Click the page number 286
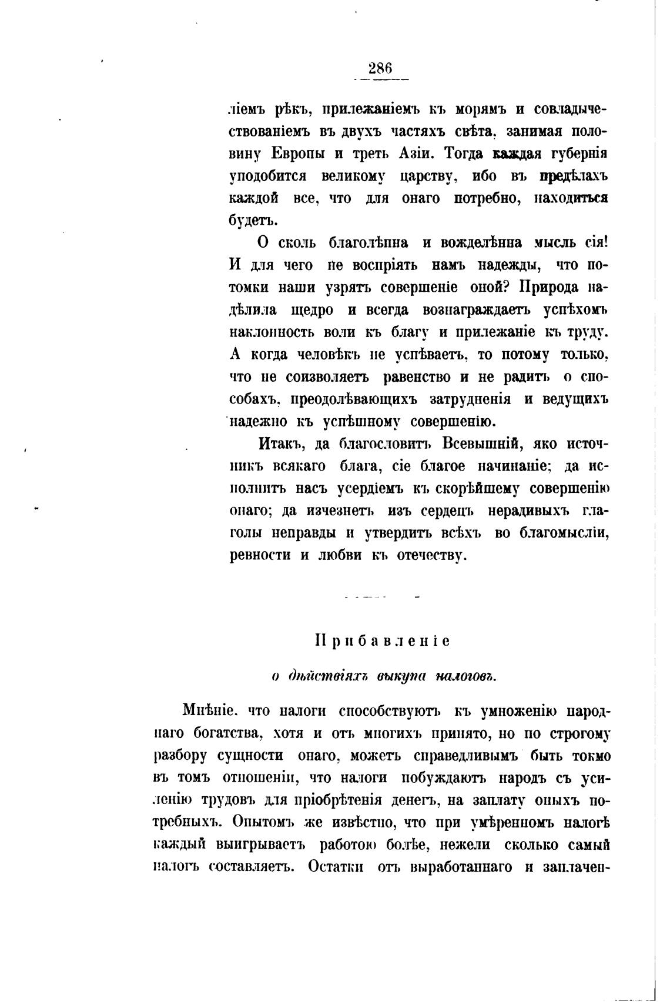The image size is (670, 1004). pyautogui.click(x=380, y=69)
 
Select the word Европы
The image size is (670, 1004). pyautogui.click(x=299, y=154)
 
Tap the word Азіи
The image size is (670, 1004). pyautogui.click(x=413, y=154)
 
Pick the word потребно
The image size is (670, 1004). pyautogui.click(x=487, y=198)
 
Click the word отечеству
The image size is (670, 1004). pyautogui.click(x=430, y=556)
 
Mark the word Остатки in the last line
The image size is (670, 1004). pyautogui.click(x=335, y=867)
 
